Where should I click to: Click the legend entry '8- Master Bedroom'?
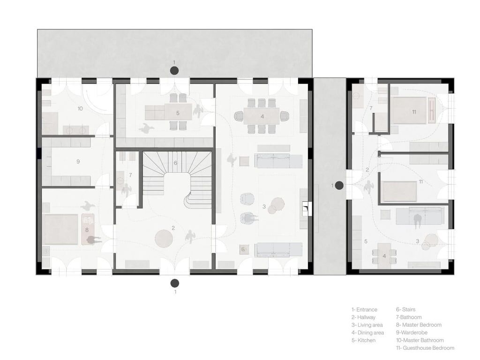point(419,325)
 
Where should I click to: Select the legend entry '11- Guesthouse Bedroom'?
point(425,348)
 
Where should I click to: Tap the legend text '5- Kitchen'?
point(363,340)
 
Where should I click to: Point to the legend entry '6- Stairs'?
point(405,309)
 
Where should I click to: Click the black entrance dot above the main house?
point(174,71)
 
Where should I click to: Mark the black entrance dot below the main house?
point(175,283)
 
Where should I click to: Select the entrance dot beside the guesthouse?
point(339,185)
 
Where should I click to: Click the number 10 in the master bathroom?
point(80,108)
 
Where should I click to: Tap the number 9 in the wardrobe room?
point(78,161)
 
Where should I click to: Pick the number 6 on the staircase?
point(175,163)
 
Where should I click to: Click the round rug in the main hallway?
point(164,238)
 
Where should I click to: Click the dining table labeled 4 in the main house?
point(262,116)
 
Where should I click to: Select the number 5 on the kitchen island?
point(178,113)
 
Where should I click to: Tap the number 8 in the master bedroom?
point(87,230)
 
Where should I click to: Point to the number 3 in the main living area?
point(264,207)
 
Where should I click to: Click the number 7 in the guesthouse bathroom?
point(371,108)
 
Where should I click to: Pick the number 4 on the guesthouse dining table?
point(384,256)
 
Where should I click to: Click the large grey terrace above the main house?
point(174,53)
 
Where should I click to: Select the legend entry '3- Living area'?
point(367,325)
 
